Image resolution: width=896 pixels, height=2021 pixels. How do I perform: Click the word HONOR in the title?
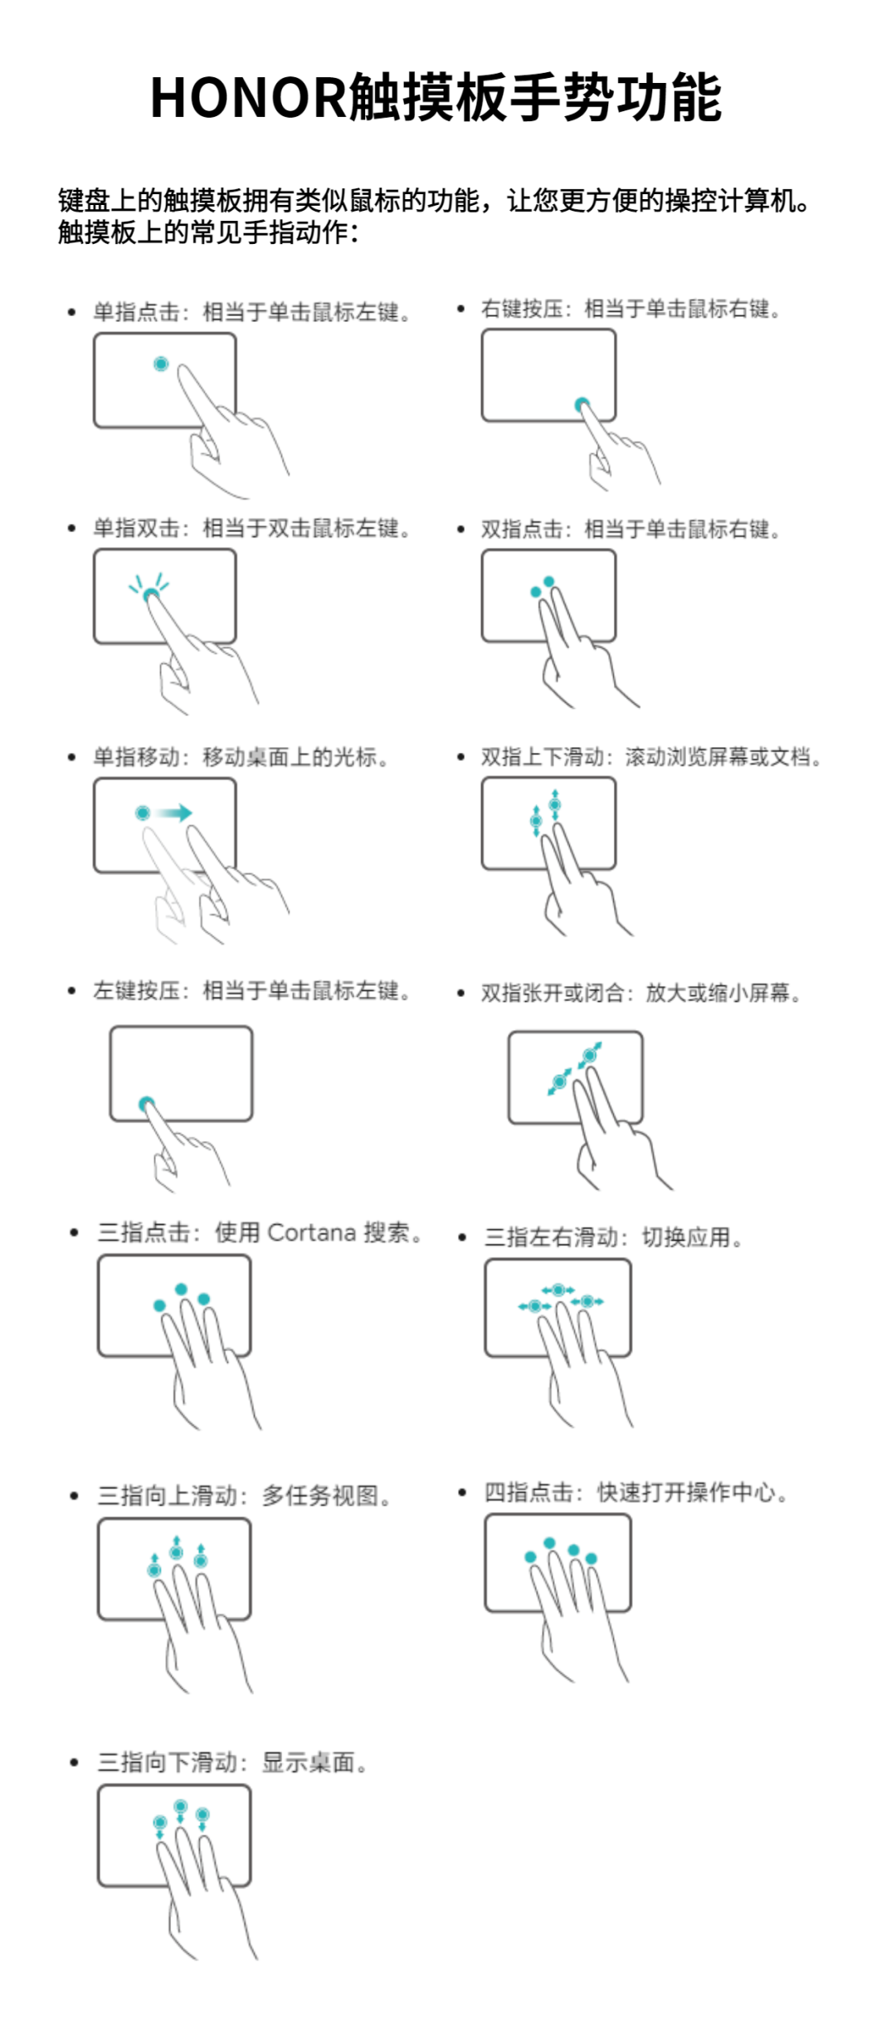tap(247, 98)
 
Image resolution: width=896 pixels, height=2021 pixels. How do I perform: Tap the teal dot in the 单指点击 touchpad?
tap(161, 364)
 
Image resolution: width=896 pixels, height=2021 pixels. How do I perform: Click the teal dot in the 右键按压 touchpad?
tap(582, 404)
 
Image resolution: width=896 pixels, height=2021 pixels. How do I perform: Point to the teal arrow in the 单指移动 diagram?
tap(174, 813)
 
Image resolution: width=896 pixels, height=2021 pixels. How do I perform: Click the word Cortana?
tap(312, 1233)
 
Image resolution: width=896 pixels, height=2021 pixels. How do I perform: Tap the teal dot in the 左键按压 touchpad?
tap(147, 1103)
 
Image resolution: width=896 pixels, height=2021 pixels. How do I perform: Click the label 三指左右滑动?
tap(551, 1237)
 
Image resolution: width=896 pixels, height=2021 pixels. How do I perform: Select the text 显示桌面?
tap(309, 1762)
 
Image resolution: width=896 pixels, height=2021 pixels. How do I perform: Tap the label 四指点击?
tap(528, 1491)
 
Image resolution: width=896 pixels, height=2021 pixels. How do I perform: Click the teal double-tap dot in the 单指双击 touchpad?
tap(150, 595)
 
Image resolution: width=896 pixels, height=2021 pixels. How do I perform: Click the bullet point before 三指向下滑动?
tap(74, 1762)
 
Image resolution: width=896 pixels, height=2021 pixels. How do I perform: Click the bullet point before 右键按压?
tap(461, 309)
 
